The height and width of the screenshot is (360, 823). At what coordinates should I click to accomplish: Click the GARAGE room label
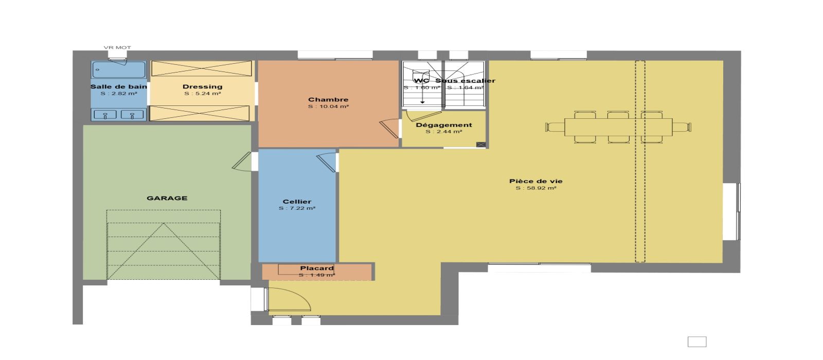(167, 198)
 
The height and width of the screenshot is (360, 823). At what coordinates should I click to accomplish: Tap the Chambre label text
(328, 100)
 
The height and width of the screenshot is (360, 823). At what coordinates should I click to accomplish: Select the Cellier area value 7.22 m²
(297, 208)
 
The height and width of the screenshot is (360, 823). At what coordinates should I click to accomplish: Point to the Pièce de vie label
(535, 181)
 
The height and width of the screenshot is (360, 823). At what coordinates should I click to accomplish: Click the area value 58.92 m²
(535, 188)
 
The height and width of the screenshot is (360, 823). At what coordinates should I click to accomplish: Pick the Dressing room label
(203, 87)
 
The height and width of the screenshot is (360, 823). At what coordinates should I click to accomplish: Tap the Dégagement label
(444, 125)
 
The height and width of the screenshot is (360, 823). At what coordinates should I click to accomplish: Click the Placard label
(317, 268)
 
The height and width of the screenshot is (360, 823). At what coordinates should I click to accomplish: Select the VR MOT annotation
(117, 47)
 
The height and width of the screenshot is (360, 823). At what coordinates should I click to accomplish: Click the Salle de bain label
(119, 87)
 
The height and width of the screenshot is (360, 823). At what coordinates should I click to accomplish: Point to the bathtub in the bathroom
(119, 69)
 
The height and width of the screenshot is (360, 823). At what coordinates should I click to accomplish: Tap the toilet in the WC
(421, 76)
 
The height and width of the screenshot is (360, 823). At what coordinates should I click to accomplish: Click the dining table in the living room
(618, 127)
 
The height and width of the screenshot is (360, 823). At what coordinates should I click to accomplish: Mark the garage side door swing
(242, 161)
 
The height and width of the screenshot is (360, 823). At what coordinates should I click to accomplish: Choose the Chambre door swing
(389, 129)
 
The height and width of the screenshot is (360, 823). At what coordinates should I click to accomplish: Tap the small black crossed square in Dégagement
(481, 145)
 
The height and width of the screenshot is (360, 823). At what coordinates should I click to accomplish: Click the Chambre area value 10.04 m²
(328, 106)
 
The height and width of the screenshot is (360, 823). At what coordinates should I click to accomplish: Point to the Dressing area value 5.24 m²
(203, 94)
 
